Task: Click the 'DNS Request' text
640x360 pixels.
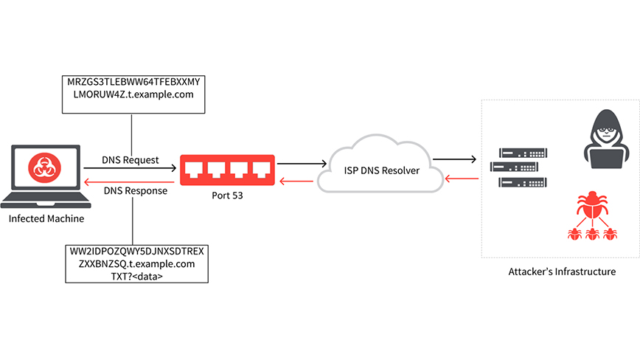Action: [x=131, y=160]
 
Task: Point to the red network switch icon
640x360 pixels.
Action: [x=228, y=170]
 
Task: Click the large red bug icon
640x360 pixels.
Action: [x=591, y=209]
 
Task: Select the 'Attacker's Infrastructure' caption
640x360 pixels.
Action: [x=562, y=271]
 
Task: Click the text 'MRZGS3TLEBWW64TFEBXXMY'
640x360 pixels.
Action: [x=132, y=81]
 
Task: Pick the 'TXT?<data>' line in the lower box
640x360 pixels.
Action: [x=133, y=276]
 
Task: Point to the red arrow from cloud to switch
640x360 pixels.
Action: [x=302, y=179]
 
